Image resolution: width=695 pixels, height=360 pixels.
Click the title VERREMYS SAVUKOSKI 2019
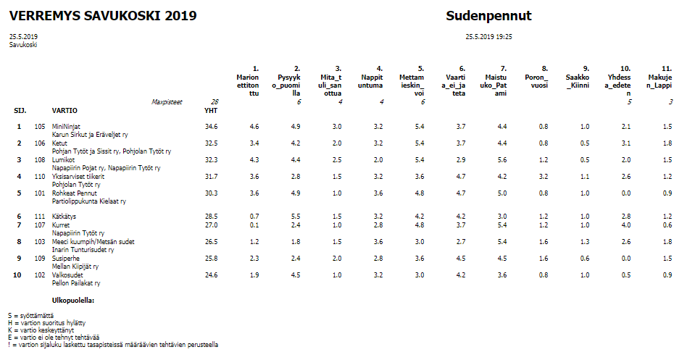click(103, 16)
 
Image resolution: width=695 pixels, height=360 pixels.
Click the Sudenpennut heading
click(488, 16)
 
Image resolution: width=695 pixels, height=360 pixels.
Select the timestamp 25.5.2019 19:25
click(488, 37)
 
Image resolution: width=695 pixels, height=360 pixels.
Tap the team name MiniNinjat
click(66, 127)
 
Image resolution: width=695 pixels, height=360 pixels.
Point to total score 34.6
click(212, 127)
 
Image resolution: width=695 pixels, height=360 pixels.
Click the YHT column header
click(211, 111)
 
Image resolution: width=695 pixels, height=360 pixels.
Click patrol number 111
click(40, 217)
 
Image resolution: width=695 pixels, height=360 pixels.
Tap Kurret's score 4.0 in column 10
click(626, 225)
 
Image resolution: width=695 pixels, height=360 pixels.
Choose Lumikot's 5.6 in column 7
click(502, 160)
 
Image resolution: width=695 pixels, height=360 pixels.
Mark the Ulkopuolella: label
click(73, 301)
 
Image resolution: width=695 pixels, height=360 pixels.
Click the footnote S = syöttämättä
click(30, 316)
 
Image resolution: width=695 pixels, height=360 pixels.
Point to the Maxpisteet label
click(167, 102)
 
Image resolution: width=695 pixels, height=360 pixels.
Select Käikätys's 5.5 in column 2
click(296, 217)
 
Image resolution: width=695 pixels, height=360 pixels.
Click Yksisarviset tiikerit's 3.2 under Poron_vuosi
click(544, 177)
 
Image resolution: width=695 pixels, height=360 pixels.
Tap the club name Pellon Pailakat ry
click(76, 283)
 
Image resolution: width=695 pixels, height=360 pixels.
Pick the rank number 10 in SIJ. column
click(17, 275)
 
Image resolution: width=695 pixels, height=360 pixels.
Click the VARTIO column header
click(64, 111)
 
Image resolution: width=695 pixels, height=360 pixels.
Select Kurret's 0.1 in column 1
click(254, 225)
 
